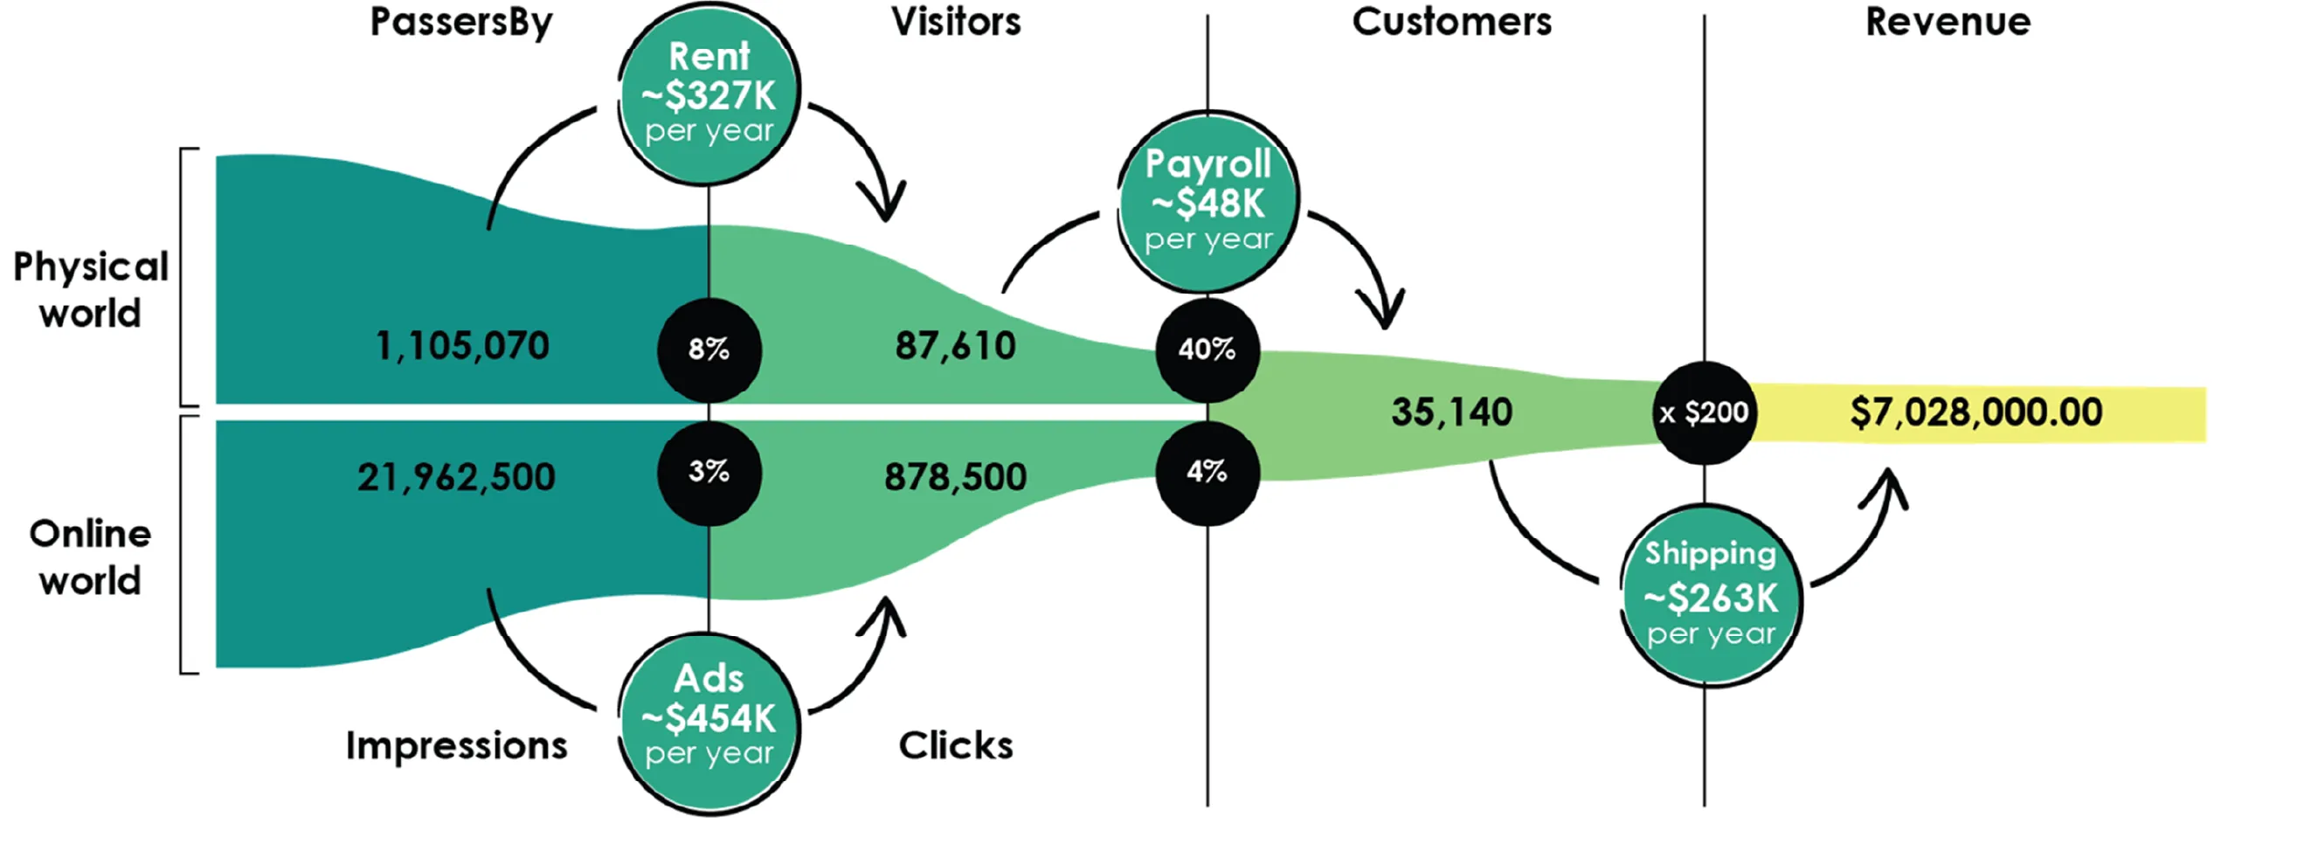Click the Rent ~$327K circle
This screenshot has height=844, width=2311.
(x=709, y=93)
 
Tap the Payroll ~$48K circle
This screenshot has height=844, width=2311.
(x=1207, y=203)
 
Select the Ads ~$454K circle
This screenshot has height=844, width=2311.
(x=709, y=723)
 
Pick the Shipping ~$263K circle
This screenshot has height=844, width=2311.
(x=1710, y=596)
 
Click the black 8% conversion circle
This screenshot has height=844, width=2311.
(x=709, y=349)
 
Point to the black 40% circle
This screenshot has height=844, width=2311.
(x=1207, y=349)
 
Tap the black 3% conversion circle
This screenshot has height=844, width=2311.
(x=709, y=472)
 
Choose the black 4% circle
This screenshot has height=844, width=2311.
(x=1207, y=472)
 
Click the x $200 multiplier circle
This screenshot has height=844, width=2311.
(x=1704, y=413)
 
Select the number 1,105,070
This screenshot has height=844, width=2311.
(x=462, y=346)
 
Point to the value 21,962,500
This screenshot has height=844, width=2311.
(x=456, y=477)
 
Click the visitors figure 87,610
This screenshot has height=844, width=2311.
(x=956, y=346)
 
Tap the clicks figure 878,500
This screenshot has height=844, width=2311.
(x=956, y=477)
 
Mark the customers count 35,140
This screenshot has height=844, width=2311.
(x=1451, y=412)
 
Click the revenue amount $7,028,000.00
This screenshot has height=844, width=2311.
(x=1975, y=412)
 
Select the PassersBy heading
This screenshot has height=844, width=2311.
(x=461, y=23)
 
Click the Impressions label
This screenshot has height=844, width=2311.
(x=457, y=745)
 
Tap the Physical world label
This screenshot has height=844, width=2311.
(x=90, y=290)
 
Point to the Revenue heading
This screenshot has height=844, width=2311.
(x=1948, y=22)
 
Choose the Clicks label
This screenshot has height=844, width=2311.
(x=956, y=745)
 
